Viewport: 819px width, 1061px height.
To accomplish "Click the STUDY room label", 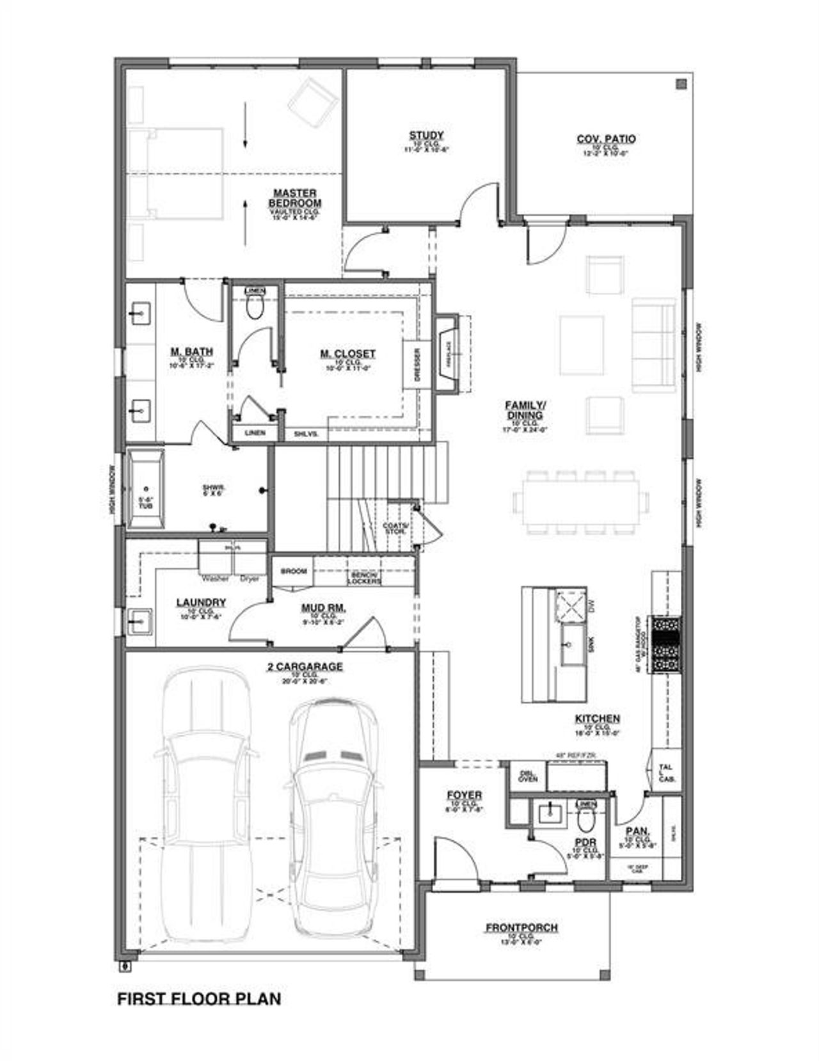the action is click(427, 135).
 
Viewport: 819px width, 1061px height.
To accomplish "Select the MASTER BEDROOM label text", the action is click(295, 197).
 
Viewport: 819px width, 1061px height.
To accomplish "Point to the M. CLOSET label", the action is click(348, 353).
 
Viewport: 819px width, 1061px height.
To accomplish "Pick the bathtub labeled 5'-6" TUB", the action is click(146, 488).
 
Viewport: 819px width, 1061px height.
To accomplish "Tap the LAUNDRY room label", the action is click(200, 602).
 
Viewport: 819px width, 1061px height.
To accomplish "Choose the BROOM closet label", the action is click(294, 571).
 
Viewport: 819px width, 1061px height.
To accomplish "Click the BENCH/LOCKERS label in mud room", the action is click(364, 578).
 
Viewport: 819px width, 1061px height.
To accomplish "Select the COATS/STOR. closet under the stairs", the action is click(395, 527).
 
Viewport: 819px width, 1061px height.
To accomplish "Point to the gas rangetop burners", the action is click(667, 644).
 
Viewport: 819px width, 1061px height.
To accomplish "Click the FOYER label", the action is click(464, 795).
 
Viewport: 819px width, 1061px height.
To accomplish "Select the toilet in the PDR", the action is click(585, 819).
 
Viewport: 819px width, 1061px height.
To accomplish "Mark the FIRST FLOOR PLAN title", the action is click(199, 998).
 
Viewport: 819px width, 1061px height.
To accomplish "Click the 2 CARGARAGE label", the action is click(305, 667).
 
